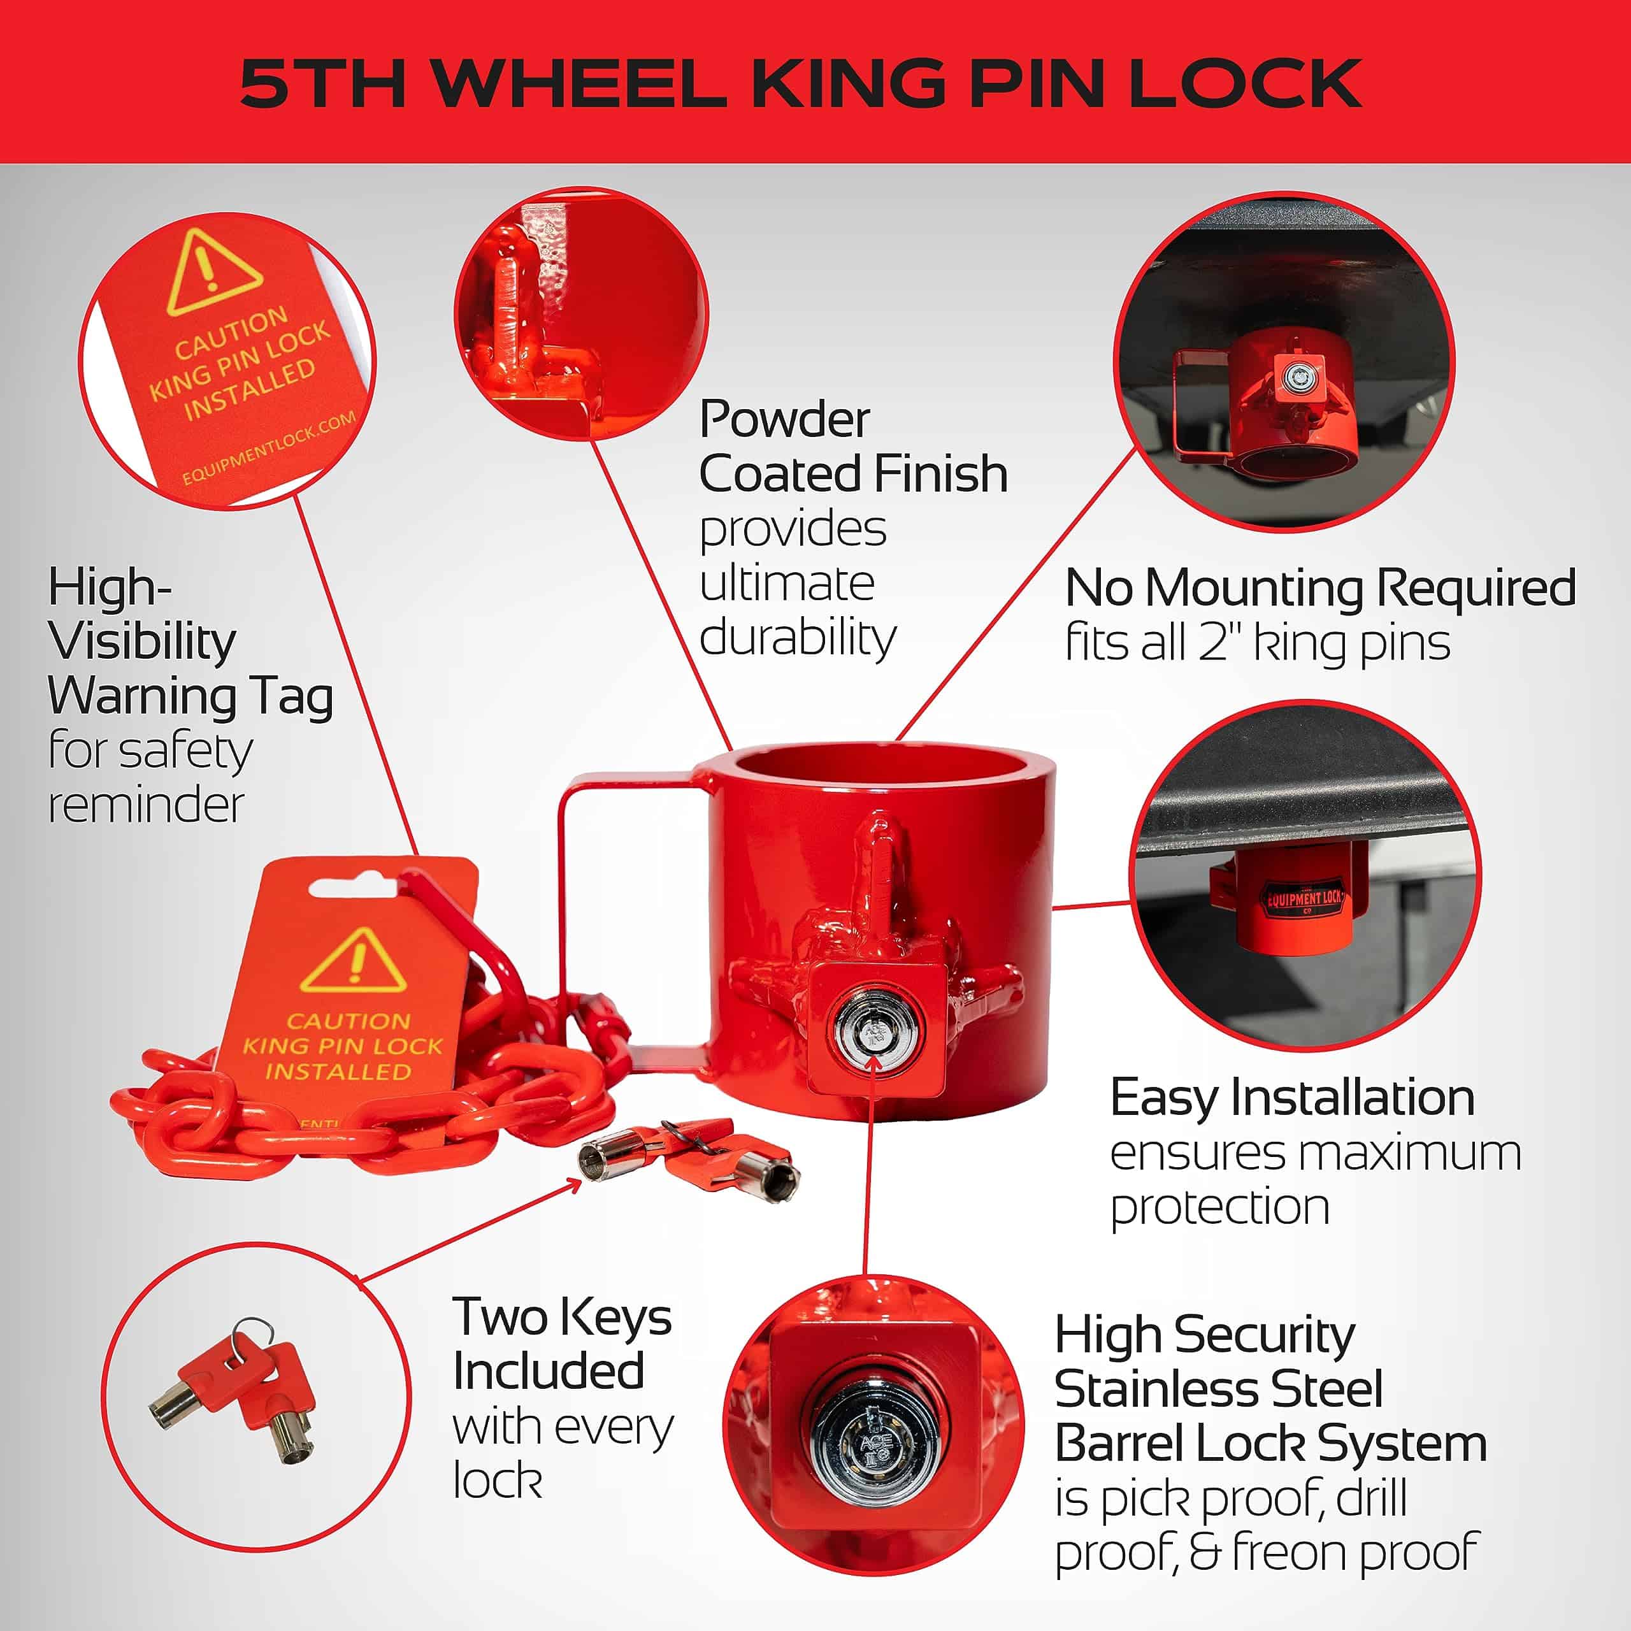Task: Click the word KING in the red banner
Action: (846, 83)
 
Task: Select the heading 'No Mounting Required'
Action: (1320, 587)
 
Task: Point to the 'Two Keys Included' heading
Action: (562, 1343)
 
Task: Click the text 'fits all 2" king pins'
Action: (1258, 642)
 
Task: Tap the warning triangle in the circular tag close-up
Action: (213, 272)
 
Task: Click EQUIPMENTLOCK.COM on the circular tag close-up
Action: (268, 449)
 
